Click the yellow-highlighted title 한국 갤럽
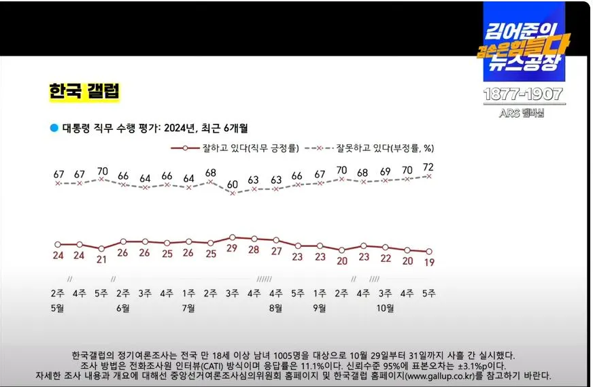pyautogui.click(x=84, y=91)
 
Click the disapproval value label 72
pyautogui.click(x=429, y=167)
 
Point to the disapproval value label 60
pyautogui.click(x=233, y=184)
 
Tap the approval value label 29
pyautogui.click(x=233, y=250)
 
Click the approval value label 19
pyautogui.click(x=429, y=261)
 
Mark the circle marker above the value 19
pyautogui.click(x=429, y=251)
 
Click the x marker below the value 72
pyautogui.click(x=429, y=175)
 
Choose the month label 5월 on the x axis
pyautogui.click(x=58, y=307)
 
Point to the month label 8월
pyautogui.click(x=276, y=307)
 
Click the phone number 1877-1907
pyautogui.click(x=522, y=95)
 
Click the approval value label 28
pyautogui.click(x=254, y=250)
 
